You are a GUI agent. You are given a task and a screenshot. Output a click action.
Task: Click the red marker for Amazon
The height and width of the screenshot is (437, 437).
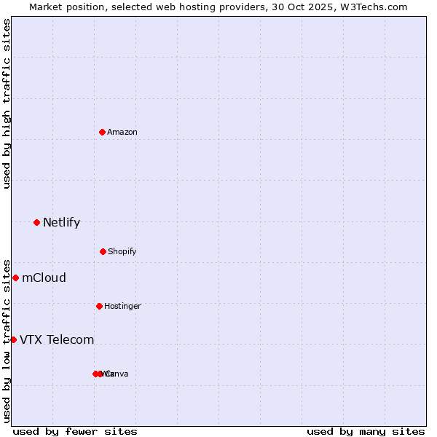[103, 132]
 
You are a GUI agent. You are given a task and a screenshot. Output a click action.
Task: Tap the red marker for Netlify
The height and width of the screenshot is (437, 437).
[36, 222]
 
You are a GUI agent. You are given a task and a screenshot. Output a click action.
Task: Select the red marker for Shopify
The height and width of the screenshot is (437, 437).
[103, 251]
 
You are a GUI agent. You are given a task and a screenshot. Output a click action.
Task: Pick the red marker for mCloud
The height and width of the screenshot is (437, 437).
[15, 277]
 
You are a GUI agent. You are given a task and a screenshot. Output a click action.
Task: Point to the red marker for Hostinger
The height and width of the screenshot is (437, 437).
[99, 306]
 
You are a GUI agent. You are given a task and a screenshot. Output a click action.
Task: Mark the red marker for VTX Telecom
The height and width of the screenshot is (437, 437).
[13, 339]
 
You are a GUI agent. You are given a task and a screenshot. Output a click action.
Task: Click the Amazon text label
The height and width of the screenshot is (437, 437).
[122, 132]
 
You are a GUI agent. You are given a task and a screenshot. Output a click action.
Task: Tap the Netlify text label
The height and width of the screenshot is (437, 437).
[61, 222]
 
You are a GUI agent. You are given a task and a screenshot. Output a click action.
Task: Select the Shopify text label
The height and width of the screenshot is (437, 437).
[122, 251]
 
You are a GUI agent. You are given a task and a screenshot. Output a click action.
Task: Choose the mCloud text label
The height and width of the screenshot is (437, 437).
[44, 277]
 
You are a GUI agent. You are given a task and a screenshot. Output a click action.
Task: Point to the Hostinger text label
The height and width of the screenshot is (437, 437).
[122, 306]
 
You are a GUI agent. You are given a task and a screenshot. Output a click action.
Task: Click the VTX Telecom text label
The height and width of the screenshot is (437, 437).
[57, 339]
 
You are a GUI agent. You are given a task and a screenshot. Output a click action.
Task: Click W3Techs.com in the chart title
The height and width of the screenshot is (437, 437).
[371, 7]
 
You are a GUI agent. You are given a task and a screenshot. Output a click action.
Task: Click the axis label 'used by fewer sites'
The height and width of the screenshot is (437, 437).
[75, 431]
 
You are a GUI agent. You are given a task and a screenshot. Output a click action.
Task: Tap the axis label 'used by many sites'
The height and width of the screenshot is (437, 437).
[366, 431]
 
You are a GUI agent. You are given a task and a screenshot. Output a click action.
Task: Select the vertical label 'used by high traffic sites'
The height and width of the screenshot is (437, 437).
[7, 103]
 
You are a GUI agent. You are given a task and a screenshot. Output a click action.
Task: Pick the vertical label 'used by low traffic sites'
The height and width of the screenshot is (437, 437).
[7, 340]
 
